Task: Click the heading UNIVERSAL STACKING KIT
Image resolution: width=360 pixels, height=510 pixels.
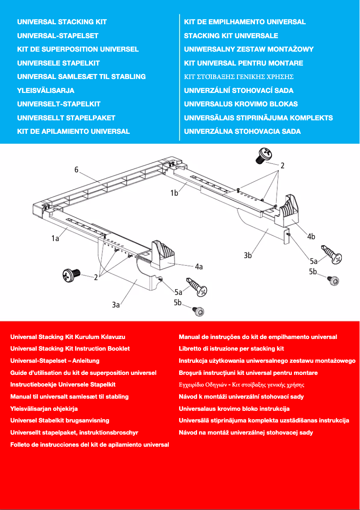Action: click(62, 22)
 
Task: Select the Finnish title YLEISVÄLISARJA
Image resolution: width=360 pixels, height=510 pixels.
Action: click(46, 90)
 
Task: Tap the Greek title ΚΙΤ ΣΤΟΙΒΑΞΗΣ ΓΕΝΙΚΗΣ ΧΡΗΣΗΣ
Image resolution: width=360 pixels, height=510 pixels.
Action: click(239, 77)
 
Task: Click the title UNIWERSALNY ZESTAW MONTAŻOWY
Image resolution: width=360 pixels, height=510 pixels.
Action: click(249, 49)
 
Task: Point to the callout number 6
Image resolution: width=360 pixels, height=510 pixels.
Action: click(77, 170)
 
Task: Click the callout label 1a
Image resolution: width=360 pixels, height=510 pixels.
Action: click(55, 239)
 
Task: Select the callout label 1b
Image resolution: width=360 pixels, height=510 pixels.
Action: click(174, 193)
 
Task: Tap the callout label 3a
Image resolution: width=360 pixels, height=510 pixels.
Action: click(116, 305)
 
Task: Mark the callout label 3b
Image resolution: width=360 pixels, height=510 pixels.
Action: click(248, 255)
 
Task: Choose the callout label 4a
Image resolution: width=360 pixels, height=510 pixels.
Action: click(198, 267)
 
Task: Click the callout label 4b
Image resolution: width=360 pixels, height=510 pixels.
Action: click(311, 237)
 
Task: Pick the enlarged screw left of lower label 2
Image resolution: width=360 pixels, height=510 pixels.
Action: click(71, 273)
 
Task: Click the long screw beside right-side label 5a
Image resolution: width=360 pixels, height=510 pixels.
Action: click(331, 255)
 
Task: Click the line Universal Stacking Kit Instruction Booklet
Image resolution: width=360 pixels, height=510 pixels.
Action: click(70, 348)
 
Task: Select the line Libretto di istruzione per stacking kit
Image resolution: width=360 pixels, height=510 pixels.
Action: click(231, 348)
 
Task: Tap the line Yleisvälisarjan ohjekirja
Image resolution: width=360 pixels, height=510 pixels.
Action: click(44, 409)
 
